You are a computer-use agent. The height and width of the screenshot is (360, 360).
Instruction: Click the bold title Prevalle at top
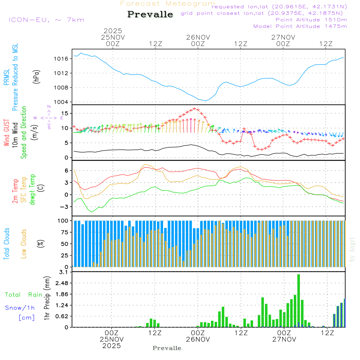pos(150,14)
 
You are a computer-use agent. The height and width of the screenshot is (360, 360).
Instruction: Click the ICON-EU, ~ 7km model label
pos(46,20)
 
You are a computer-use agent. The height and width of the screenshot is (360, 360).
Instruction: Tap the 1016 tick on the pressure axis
pos(61,59)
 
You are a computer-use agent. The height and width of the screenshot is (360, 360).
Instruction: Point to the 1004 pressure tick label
pos(61,102)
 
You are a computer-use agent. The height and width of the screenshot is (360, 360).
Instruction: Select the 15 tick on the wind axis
pos(65,113)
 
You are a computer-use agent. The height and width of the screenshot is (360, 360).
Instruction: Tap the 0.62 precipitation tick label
pos(61,316)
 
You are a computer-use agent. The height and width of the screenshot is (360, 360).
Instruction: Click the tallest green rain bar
pos(298,301)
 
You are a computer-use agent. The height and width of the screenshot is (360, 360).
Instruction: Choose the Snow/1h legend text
pos(20,308)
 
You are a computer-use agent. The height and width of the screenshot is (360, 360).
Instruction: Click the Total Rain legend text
pos(24,294)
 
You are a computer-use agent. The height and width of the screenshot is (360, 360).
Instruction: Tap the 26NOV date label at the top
pos(198,37)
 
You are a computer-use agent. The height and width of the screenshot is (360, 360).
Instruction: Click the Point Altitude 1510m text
pos(311,20)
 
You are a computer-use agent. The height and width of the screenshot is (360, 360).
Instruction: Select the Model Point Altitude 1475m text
pos(300,26)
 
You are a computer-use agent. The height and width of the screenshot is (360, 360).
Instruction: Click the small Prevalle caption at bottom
pos(167,348)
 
